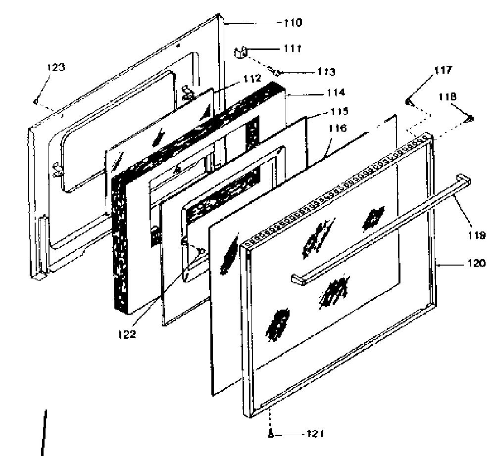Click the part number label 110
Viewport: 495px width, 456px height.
click(x=293, y=23)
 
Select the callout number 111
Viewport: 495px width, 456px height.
click(x=293, y=48)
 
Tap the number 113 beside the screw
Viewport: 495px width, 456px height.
click(x=326, y=72)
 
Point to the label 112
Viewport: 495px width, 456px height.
click(x=252, y=78)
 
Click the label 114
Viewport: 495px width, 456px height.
click(x=336, y=92)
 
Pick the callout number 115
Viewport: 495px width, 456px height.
click(x=340, y=111)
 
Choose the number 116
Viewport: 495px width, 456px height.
click(x=338, y=128)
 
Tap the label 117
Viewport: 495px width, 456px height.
click(x=443, y=70)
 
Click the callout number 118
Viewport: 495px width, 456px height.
click(x=447, y=96)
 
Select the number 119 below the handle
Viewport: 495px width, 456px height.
click(x=477, y=235)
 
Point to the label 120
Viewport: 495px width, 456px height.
click(x=476, y=263)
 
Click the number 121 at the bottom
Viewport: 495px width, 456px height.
click(x=315, y=434)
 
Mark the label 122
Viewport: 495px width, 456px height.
click(x=127, y=334)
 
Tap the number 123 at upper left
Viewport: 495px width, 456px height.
click(x=56, y=67)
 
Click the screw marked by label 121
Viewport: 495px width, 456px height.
click(x=270, y=434)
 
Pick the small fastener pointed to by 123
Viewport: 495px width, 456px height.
click(x=36, y=101)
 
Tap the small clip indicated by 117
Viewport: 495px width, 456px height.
click(x=408, y=101)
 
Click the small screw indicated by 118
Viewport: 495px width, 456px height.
click(x=470, y=118)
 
